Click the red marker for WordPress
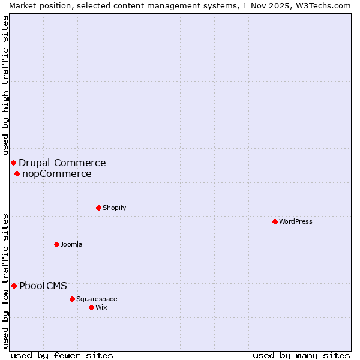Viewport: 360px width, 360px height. click(275, 221)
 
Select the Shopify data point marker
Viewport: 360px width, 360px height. click(98, 208)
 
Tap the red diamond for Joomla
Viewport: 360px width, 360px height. click(56, 244)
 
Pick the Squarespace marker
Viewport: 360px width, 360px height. click(72, 299)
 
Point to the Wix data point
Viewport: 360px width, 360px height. click(91, 307)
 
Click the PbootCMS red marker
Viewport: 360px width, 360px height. click(14, 286)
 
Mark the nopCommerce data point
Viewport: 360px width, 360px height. click(17, 174)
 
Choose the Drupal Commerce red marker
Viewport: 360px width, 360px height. click(13, 163)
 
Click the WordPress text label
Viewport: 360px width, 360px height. click(296, 221)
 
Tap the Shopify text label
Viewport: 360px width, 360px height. click(114, 208)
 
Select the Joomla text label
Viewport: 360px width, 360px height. click(71, 244)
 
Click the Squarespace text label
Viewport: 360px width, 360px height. click(97, 299)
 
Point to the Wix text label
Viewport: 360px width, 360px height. click(101, 307)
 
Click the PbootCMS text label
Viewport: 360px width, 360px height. click(43, 286)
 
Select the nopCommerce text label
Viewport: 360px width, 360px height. click(57, 174)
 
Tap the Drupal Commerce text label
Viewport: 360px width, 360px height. click(62, 163)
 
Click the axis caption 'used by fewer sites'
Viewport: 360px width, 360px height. click(62, 355)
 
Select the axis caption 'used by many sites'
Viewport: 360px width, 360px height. click(301, 355)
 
